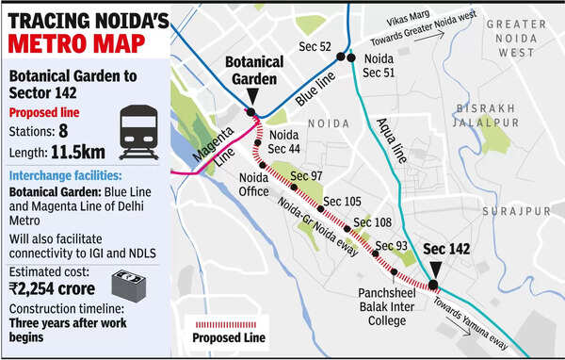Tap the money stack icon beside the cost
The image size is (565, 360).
click(x=131, y=285)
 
